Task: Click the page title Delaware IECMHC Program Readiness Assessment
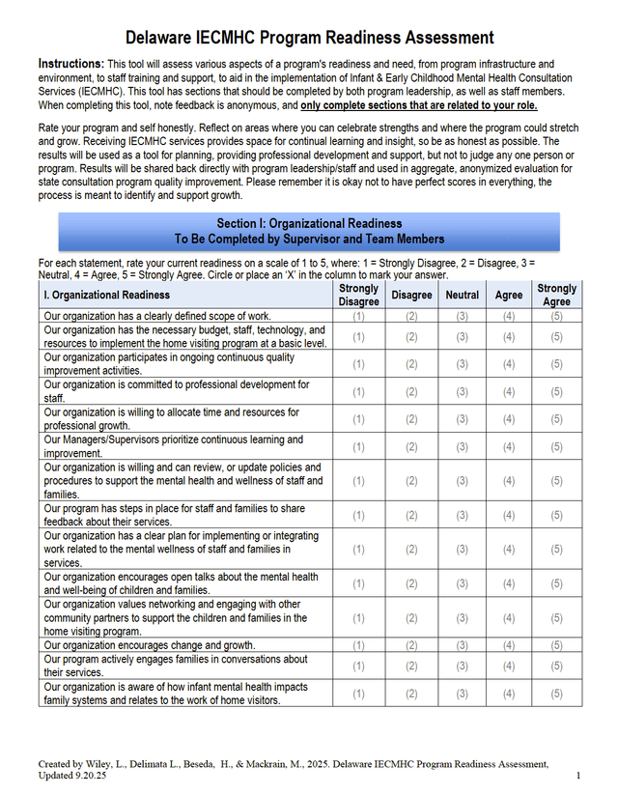309,38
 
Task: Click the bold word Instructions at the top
70,63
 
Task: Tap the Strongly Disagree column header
358,295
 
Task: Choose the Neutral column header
462,295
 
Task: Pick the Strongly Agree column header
556,295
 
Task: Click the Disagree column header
411,295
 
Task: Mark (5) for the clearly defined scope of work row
556,316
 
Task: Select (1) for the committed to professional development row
358,391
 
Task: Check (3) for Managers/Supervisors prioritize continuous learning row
462,446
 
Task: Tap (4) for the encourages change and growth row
508,645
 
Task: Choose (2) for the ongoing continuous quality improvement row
411,364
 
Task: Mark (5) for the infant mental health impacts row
556,694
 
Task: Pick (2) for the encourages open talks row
411,583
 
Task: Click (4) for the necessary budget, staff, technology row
508,336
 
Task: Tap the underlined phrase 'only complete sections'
357,104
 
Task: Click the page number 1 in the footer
577,776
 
